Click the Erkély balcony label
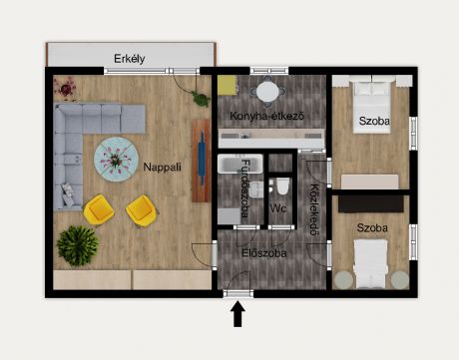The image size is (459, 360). point(130,59)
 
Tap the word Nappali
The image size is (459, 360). point(162,167)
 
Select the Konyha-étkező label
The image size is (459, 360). point(266,116)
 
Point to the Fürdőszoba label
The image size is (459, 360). point(244,188)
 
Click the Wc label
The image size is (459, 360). point(278,208)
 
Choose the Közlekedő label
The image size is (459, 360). point(314,209)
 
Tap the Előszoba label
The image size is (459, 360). point(264,253)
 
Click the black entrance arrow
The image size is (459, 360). point(237,314)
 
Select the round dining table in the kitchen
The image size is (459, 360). point(267,92)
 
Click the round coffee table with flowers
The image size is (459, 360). point(116,160)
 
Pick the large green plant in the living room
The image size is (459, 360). point(78,245)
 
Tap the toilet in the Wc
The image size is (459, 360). point(282,186)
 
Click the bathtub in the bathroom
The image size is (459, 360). point(240,164)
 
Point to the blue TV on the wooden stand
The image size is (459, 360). point(202,159)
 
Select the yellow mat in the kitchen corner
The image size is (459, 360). point(228,86)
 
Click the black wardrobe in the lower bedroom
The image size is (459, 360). point(371,203)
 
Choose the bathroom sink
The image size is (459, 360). point(256,190)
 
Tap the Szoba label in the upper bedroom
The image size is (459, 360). point(374,121)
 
